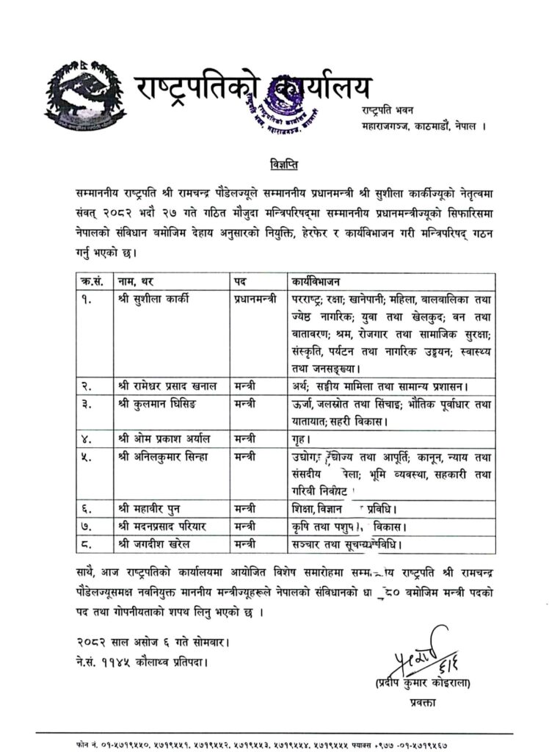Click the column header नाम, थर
coord(140,281)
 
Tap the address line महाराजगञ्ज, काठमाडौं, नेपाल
coord(422,126)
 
